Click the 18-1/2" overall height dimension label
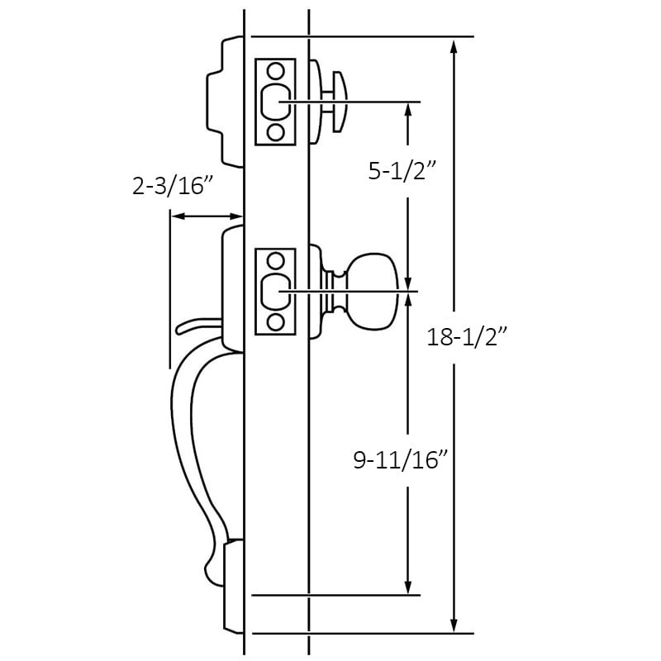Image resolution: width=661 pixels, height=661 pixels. pos(467,338)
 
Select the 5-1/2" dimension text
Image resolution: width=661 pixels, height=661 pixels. pos(401,171)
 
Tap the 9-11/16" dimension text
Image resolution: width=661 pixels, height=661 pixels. pos(401,460)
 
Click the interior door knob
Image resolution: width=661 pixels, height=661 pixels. pos(373,291)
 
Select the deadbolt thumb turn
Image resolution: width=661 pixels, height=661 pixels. pos(340,102)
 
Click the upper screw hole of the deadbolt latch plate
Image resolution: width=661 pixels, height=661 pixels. pos(276,71)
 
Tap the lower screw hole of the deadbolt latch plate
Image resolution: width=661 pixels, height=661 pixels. pos(276,132)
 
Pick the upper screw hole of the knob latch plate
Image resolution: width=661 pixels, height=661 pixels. pos(276,261)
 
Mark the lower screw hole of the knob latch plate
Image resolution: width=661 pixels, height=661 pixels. pos(276,323)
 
